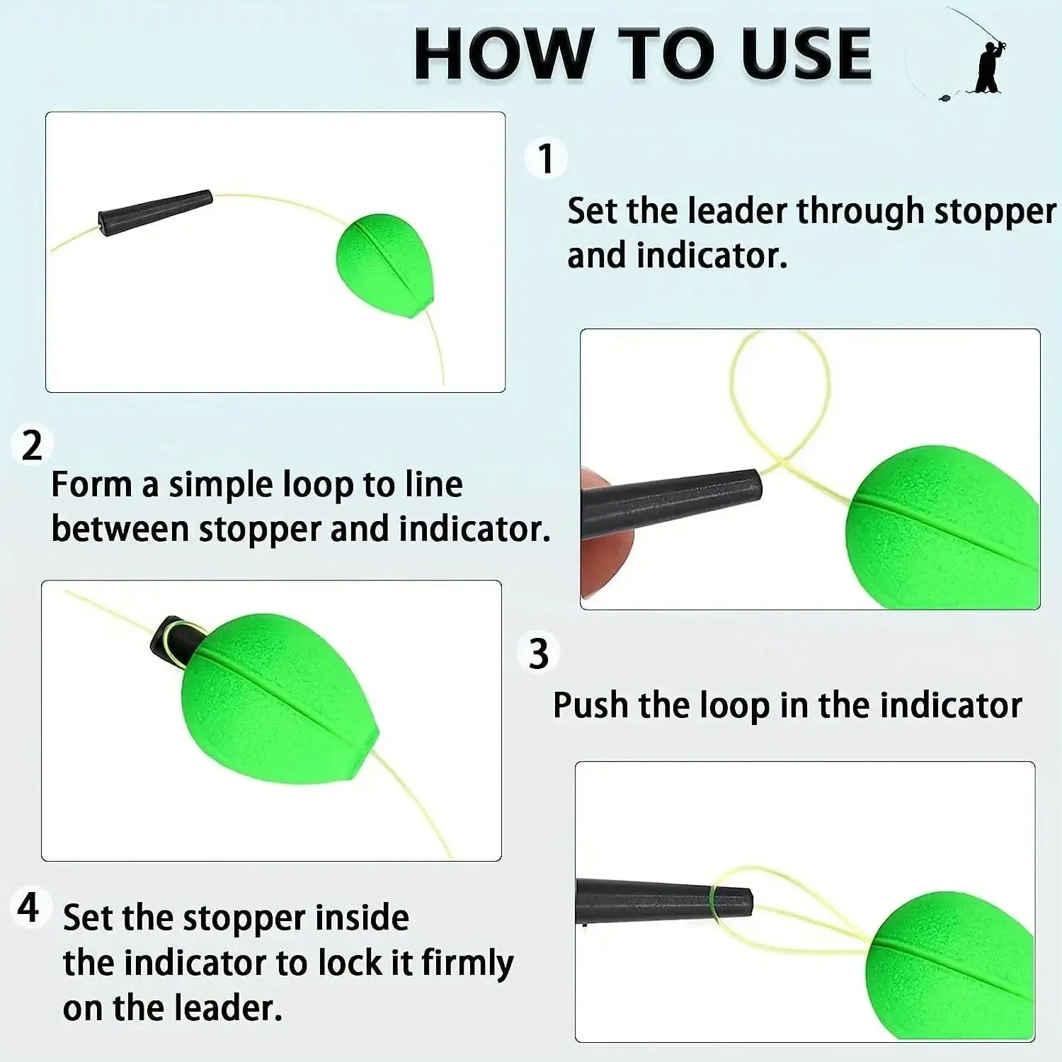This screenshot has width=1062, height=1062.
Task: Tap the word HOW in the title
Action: (503, 55)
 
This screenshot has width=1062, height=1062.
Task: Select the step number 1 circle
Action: (545, 158)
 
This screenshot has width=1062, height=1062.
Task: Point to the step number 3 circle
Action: (539, 653)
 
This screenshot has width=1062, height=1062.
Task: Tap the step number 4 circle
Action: (29, 907)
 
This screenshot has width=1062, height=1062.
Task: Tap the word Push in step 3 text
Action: (590, 706)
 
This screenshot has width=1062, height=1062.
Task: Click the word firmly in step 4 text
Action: (467, 964)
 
